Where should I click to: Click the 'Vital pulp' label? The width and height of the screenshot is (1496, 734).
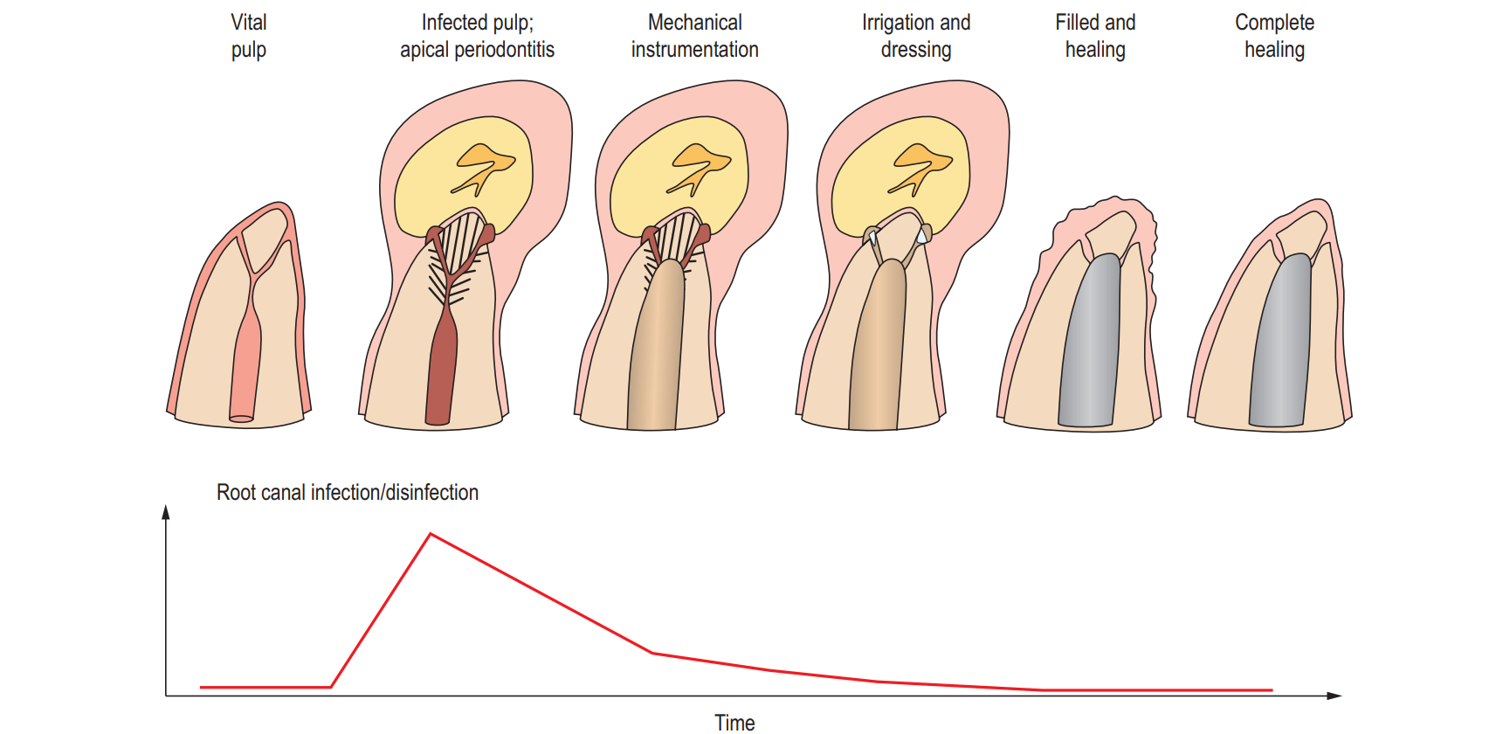[249, 36]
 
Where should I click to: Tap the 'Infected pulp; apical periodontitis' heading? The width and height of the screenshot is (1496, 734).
[477, 36]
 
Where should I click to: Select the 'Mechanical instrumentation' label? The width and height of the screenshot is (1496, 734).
[695, 36]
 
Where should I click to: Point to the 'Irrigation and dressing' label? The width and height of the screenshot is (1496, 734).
[916, 36]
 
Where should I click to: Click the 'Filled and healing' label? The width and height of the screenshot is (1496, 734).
[1095, 36]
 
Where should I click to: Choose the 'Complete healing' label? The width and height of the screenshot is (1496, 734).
[1274, 36]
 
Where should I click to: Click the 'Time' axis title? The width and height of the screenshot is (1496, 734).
[734, 722]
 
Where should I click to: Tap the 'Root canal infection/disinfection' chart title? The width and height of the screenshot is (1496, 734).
[348, 493]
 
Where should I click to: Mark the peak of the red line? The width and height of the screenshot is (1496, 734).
[431, 534]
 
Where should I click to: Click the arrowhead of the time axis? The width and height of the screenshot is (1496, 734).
[1334, 696]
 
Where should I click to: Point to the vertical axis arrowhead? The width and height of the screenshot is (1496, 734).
[166, 513]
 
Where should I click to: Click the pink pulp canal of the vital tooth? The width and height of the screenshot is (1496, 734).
[245, 367]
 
